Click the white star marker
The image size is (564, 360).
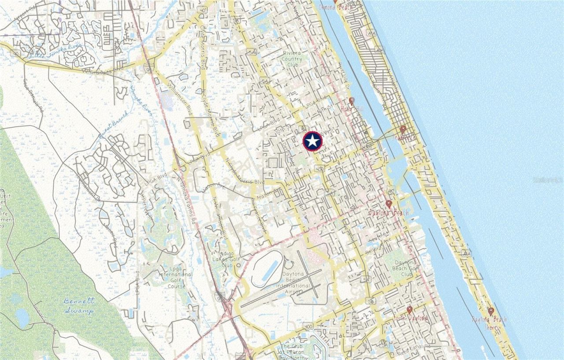[x=313, y=141]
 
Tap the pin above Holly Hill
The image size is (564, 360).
[x=352, y=101]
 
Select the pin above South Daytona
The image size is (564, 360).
[x=409, y=309]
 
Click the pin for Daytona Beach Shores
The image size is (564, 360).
[x=491, y=311]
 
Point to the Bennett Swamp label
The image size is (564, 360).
[x=79, y=306]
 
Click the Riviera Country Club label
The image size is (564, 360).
[x=291, y=59]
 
